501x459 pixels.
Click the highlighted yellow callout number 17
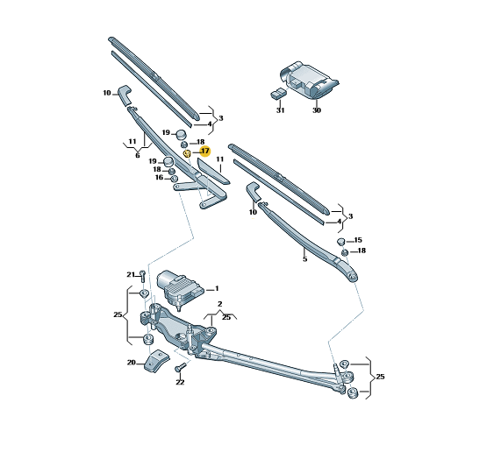pos(205,151)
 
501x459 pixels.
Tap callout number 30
pos(317,110)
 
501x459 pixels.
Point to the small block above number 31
pos(278,94)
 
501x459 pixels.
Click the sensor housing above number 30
pos(308,80)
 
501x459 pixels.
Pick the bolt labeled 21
pos(143,276)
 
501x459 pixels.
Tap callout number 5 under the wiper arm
pos(304,259)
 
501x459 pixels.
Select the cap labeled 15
pos(341,241)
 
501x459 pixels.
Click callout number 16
pos(159,177)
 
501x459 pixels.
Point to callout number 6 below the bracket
pos(138,156)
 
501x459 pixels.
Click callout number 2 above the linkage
pos(220,304)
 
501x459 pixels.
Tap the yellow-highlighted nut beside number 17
pos(187,154)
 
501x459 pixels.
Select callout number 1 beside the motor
pos(217,289)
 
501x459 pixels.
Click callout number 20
pos(132,363)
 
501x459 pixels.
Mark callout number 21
pos(131,275)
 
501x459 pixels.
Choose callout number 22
pos(180,382)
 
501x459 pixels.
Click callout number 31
pos(280,110)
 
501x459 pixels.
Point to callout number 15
pos(358,240)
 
